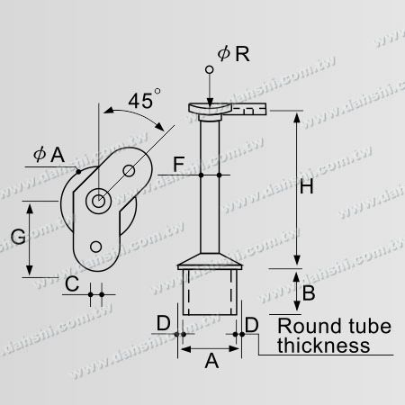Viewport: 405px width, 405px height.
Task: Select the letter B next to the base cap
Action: tap(307, 292)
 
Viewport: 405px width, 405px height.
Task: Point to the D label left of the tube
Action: tap(163, 322)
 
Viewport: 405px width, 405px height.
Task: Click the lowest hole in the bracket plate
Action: tap(98, 246)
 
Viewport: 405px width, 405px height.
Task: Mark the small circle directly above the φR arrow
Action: tap(208, 70)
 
